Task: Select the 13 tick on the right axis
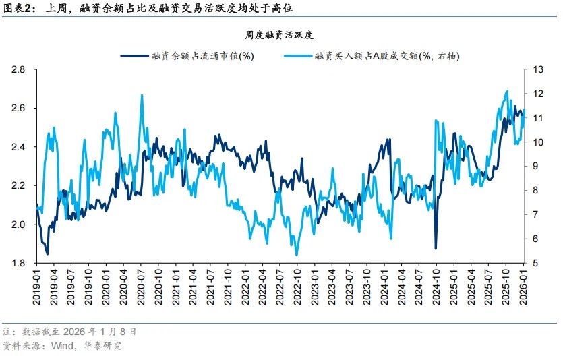tap(538, 70)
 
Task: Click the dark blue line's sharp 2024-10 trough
tap(436, 249)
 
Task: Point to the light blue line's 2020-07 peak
tap(142, 95)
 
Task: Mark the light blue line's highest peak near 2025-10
tap(506, 91)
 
